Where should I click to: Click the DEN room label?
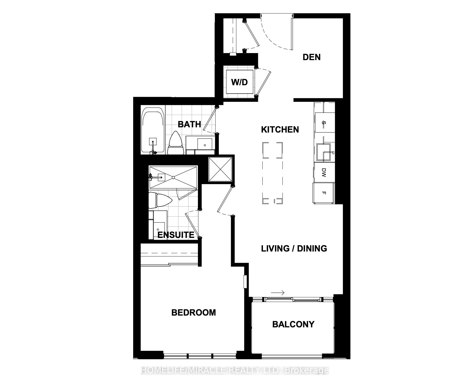(312, 57)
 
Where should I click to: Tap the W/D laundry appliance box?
(240, 82)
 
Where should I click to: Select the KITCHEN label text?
(280, 130)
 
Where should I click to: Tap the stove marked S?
(325, 122)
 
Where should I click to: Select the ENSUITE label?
(176, 235)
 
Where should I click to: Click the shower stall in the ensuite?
(173, 177)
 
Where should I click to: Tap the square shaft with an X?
(220, 169)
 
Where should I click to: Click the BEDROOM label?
(193, 312)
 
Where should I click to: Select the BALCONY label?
(293, 324)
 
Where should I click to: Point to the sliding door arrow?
(278, 293)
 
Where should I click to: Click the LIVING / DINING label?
(294, 248)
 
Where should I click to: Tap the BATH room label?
(189, 124)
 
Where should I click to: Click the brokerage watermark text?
(235, 370)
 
